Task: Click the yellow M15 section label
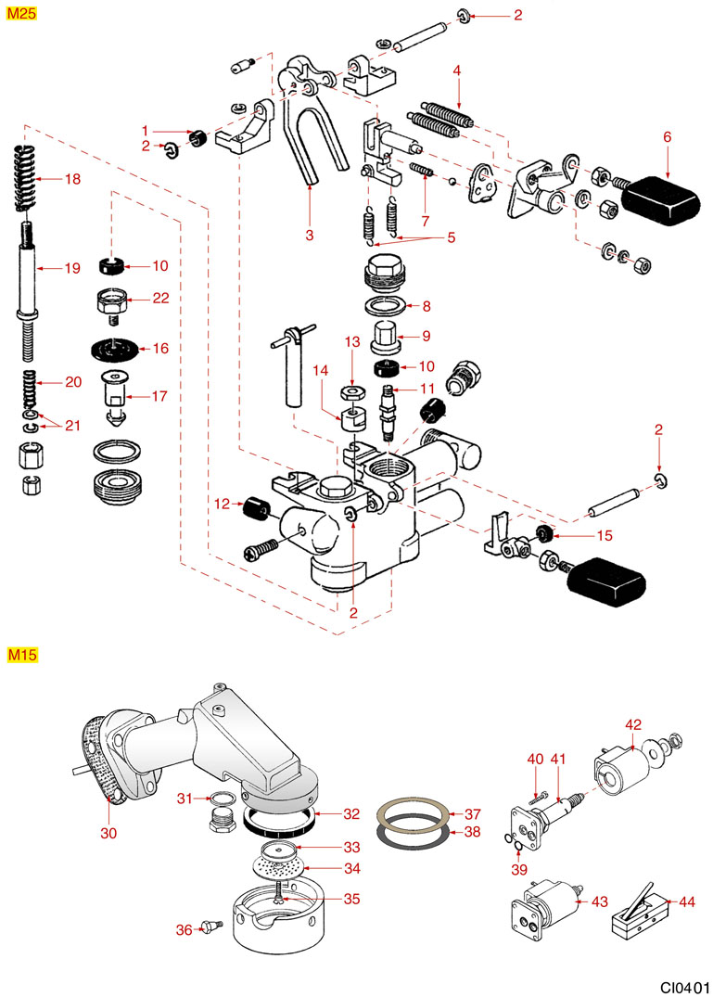[21, 656]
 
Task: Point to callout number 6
[666, 136]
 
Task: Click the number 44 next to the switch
[686, 901]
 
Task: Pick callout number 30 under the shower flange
[108, 833]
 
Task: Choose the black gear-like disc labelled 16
[116, 349]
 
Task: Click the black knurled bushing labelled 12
[255, 508]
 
